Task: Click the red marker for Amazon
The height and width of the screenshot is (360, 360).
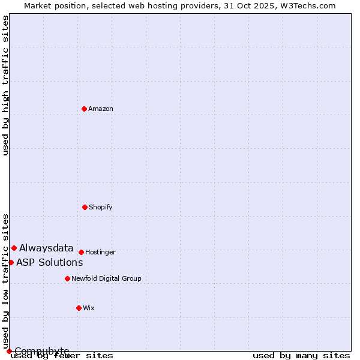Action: tap(85, 109)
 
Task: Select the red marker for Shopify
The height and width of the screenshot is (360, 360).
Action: tap(85, 207)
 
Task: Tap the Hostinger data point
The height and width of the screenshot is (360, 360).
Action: tap(81, 252)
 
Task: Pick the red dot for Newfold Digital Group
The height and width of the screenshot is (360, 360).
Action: tap(67, 278)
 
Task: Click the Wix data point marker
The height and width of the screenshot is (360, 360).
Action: tap(79, 308)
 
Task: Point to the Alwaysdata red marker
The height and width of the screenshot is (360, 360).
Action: tap(14, 248)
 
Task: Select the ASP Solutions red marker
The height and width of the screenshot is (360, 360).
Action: tap(11, 262)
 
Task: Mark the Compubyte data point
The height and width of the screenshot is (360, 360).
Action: tap(9, 351)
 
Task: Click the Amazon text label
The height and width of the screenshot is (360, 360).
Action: tap(101, 109)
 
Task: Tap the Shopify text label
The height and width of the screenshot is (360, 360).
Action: tap(101, 207)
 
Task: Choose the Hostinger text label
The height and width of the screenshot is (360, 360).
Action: tap(100, 252)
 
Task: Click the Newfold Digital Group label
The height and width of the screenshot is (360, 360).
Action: tap(106, 278)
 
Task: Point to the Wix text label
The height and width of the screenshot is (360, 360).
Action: tap(89, 308)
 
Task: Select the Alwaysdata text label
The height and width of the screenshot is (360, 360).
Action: tap(46, 248)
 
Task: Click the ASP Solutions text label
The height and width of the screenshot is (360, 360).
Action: tap(49, 262)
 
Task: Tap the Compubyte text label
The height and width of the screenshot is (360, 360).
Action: tap(42, 351)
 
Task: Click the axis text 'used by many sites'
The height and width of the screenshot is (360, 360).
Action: tap(301, 355)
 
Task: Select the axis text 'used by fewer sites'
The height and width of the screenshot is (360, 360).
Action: tap(62, 355)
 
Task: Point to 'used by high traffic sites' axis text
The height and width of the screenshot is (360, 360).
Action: tap(6, 85)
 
